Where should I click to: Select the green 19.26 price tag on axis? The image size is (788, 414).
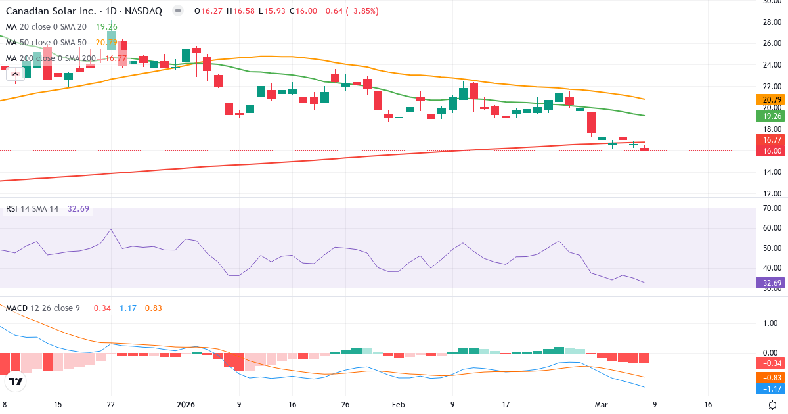[771, 116]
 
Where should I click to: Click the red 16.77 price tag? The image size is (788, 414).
[771, 140]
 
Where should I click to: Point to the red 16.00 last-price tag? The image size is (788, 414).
[771, 151]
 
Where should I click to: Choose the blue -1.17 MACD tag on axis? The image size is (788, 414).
[771, 389]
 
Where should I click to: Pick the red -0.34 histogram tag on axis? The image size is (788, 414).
[771, 363]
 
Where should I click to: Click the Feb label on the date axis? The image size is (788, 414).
[398, 405]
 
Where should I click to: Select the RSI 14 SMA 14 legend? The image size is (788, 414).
[32, 209]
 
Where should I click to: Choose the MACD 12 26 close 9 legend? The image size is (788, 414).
[43, 308]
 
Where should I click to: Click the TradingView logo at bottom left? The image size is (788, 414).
[16, 381]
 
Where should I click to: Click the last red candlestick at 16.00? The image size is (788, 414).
[644, 149]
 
